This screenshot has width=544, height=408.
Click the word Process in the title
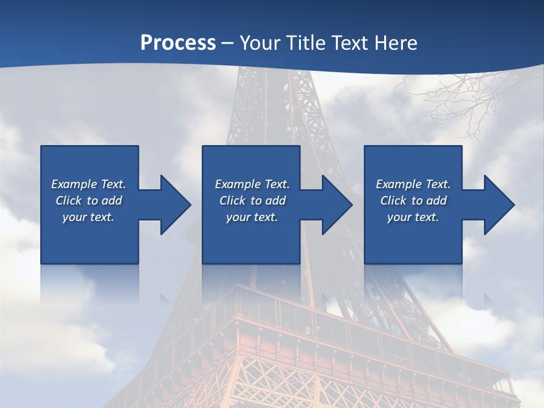178,43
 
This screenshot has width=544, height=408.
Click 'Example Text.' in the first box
88,184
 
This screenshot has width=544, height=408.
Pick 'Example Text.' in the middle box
252,184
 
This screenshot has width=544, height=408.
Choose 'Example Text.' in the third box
413,184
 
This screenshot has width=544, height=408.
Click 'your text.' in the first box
88,217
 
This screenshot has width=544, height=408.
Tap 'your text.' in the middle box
252,217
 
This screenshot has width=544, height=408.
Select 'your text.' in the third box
413,217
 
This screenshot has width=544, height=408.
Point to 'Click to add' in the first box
88,201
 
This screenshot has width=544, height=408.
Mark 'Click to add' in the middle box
252,201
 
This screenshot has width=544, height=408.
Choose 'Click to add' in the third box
413,201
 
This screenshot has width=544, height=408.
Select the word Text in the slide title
349,43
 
